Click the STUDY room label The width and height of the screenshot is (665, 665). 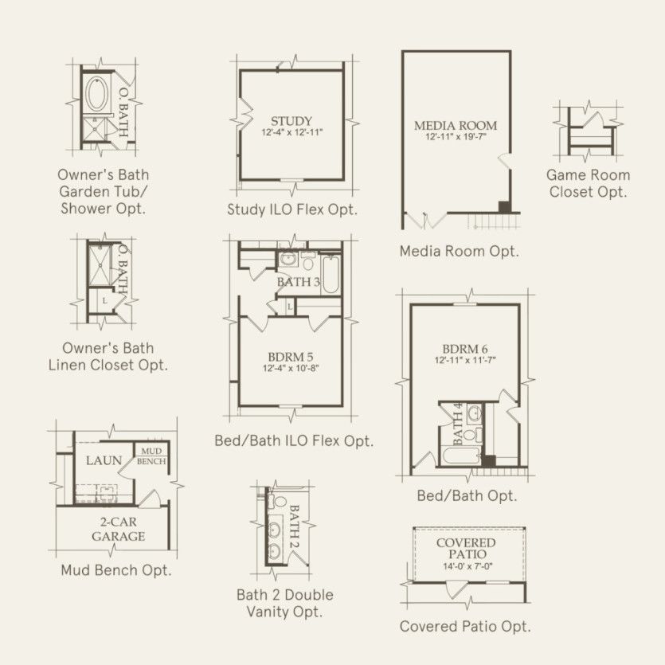[291, 121]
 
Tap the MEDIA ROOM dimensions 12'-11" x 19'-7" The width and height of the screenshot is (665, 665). [456, 136]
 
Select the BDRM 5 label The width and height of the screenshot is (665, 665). [291, 357]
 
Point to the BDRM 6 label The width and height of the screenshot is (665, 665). [465, 349]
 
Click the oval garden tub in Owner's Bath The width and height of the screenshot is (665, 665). [98, 94]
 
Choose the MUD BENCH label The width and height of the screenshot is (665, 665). [151, 456]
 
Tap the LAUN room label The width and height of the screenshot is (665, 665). [104, 460]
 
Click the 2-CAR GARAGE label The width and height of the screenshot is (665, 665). [119, 530]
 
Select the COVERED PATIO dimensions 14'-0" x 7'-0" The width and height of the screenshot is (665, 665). [467, 565]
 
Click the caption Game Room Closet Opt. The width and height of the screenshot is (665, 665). [588, 183]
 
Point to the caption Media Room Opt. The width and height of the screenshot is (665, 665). [460, 251]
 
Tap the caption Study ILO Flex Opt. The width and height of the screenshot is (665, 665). [292, 209]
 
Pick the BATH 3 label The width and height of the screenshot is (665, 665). [298, 282]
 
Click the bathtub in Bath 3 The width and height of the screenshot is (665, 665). [331, 275]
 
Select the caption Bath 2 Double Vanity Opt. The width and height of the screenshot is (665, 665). [285, 603]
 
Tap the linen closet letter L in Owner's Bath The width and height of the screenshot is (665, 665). [105, 301]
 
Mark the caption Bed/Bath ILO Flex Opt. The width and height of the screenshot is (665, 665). [294, 440]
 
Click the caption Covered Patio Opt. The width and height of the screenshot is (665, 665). [465, 627]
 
